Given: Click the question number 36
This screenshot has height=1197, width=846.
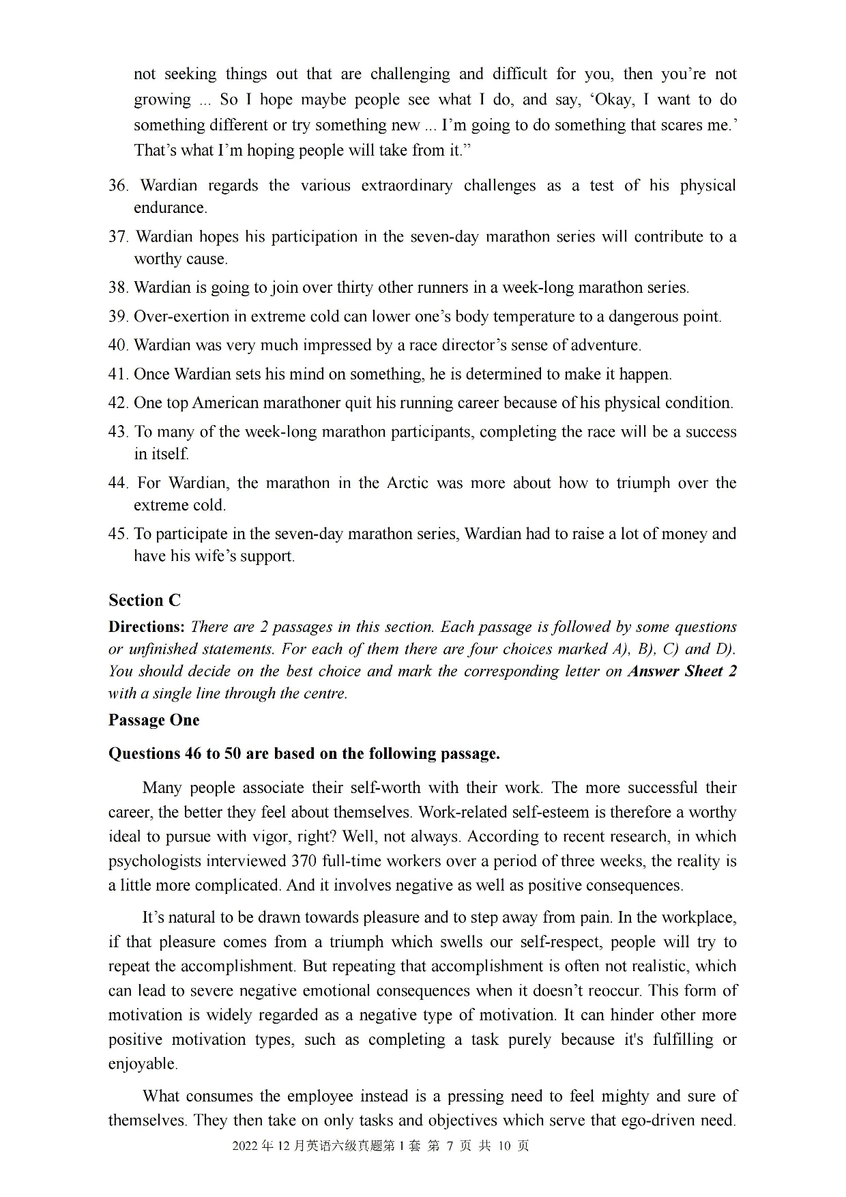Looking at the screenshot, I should (118, 186).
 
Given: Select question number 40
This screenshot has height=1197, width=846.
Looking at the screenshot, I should (118, 345).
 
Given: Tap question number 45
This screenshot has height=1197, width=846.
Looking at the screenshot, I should (118, 534).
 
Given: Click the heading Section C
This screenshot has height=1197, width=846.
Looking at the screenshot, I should (145, 600).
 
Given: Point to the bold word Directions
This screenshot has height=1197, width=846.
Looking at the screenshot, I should (146, 627).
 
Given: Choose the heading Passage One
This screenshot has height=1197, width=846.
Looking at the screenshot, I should (154, 720).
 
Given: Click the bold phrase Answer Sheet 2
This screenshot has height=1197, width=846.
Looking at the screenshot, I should (682, 672).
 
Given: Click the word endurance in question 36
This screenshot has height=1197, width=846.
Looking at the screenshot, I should (169, 208).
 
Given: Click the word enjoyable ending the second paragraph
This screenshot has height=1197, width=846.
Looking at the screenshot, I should (142, 1064).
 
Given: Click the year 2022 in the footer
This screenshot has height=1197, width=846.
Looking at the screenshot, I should (245, 1146).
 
